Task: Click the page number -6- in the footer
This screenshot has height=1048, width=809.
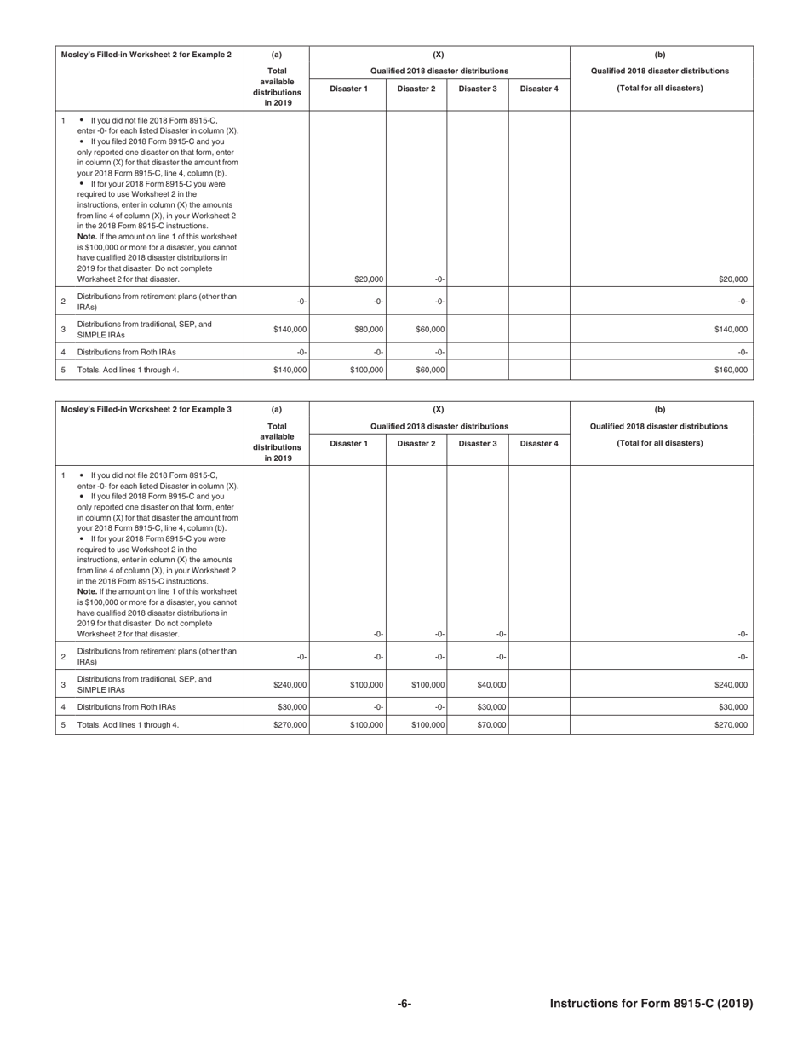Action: click(404, 1004)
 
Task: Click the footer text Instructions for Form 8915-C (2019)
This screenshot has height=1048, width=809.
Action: click(651, 1004)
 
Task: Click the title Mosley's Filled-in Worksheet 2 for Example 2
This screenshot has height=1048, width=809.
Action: click(146, 55)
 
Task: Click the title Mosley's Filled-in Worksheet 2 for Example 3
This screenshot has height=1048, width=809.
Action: click(146, 410)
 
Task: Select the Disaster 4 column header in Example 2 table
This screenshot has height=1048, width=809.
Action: click(539, 89)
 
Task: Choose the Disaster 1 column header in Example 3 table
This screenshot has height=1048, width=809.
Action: click(348, 444)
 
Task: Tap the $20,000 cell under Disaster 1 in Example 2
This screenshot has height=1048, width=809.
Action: click(369, 279)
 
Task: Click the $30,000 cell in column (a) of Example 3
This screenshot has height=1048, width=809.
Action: click(291, 707)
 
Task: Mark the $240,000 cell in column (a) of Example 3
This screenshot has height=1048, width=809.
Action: click(290, 684)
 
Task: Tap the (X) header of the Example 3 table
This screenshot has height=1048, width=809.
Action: click(439, 410)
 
